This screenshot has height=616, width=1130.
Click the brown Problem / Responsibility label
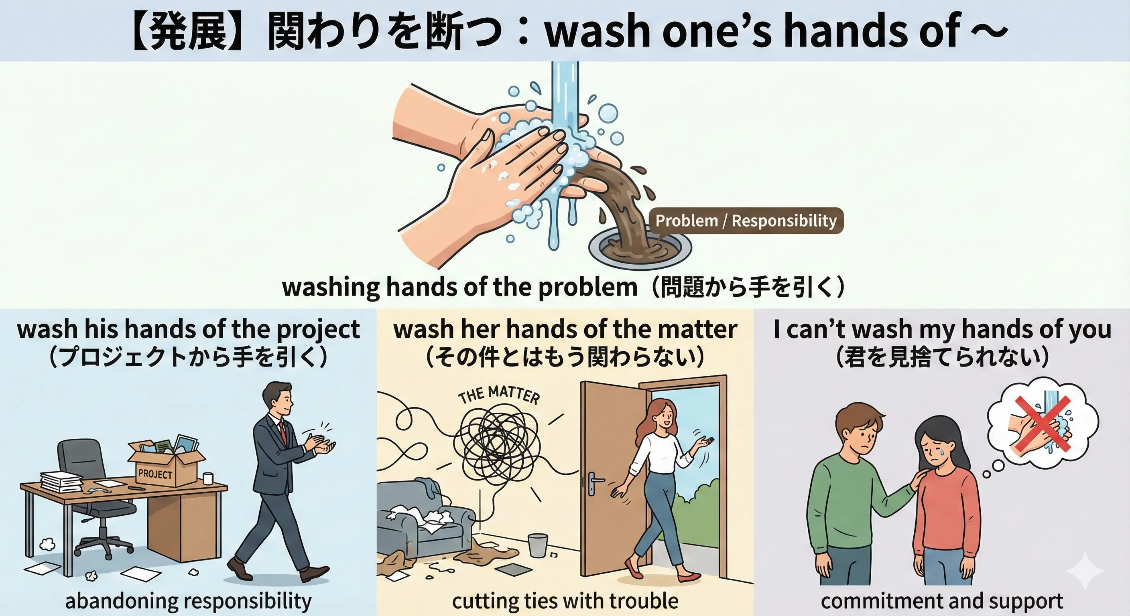(x=746, y=221)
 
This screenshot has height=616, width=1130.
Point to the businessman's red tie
(x=283, y=432)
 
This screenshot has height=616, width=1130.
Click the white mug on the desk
(x=208, y=478)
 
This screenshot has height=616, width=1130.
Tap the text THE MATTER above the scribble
(x=499, y=395)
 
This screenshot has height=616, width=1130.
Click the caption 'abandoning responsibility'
(x=188, y=601)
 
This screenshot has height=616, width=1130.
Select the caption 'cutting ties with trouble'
(x=565, y=601)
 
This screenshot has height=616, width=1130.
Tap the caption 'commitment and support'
(x=942, y=601)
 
